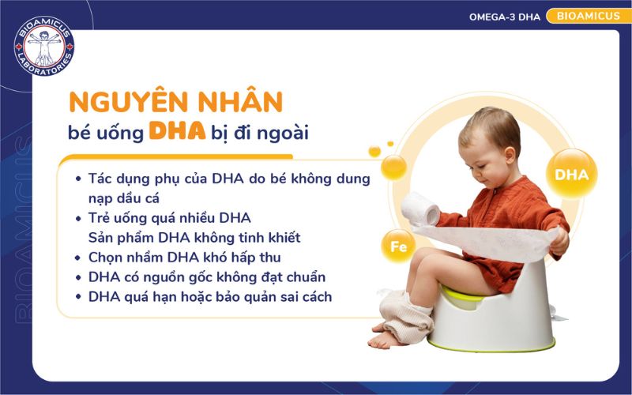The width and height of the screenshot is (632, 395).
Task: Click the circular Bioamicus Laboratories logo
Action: pos(44,46)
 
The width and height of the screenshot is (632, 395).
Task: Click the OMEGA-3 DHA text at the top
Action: pos(506,16)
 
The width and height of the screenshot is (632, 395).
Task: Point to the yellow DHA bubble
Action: pos(571,175)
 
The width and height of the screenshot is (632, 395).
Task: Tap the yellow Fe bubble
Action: pos(398,246)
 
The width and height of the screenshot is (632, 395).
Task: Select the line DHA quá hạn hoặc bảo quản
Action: pos(210,297)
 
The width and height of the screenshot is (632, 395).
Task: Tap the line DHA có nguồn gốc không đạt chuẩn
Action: pos(207,276)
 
